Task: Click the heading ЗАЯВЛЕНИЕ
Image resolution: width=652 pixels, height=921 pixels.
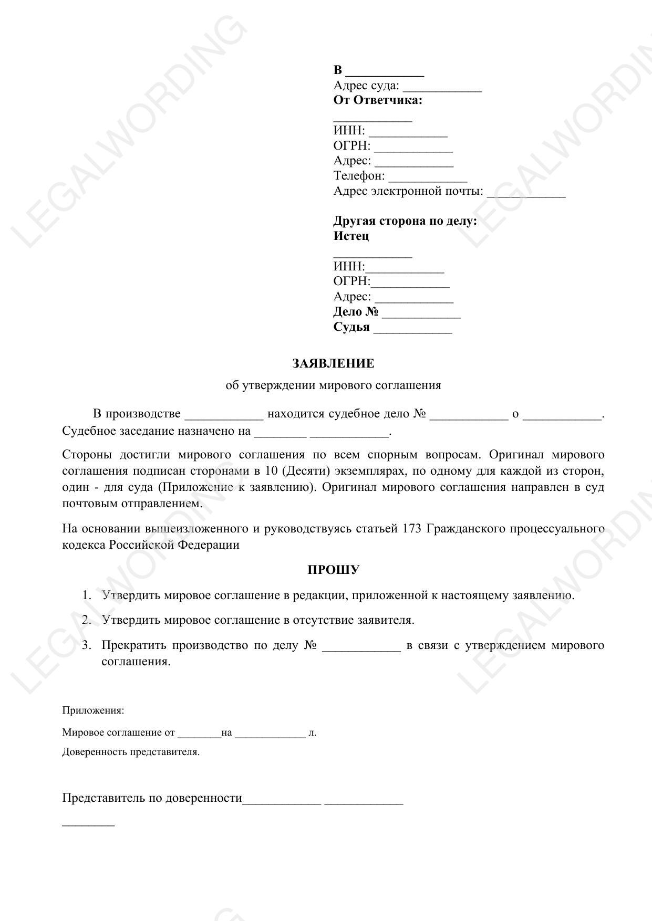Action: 333,363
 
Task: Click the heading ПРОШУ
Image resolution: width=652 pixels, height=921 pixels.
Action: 333,570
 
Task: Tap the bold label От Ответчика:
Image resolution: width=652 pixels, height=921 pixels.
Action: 377,100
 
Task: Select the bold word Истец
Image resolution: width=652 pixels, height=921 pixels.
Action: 351,236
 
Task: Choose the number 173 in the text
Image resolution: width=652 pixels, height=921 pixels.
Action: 412,528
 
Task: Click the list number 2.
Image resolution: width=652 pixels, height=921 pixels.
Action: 87,620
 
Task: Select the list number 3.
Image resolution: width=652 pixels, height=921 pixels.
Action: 87,645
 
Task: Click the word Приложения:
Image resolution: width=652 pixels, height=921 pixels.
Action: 93,710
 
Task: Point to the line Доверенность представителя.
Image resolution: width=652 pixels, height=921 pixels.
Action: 131,752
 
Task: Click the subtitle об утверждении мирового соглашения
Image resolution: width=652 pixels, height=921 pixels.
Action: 333,385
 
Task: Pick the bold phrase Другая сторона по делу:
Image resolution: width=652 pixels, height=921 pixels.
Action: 405,221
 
